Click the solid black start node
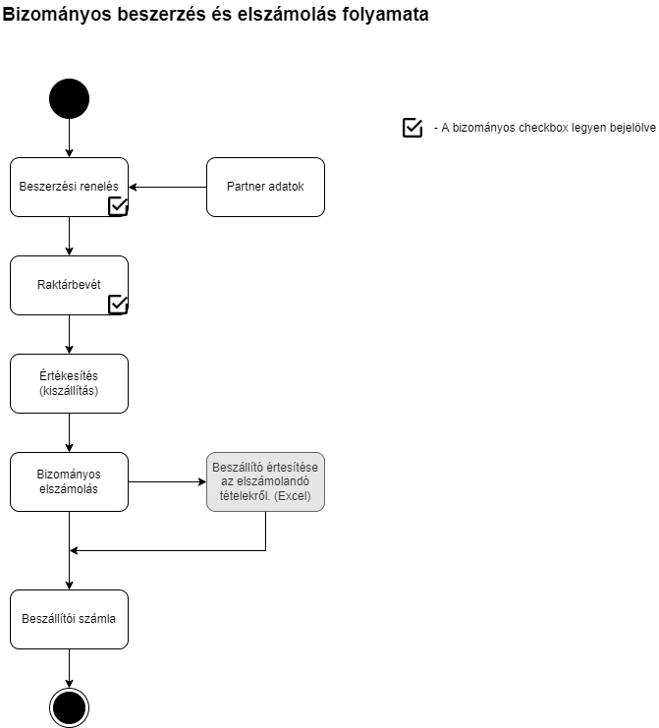[x=69, y=99]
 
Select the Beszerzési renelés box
[x=69, y=187]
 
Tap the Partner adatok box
[x=265, y=187]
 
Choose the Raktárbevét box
[x=69, y=285]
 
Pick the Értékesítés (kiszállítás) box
[x=69, y=383]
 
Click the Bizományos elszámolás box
[x=69, y=482]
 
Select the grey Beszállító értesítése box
[x=265, y=482]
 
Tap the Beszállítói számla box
[x=69, y=619]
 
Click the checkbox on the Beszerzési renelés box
[x=118, y=206]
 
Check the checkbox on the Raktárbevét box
[x=118, y=305]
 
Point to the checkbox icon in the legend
[x=412, y=128]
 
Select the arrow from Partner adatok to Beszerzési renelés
[x=168, y=187]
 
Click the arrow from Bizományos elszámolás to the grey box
[x=168, y=482]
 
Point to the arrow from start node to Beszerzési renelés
[x=69, y=139]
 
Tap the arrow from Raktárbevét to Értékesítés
[x=69, y=335]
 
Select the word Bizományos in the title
[x=57, y=15]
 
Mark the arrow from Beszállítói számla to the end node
[x=69, y=669]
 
